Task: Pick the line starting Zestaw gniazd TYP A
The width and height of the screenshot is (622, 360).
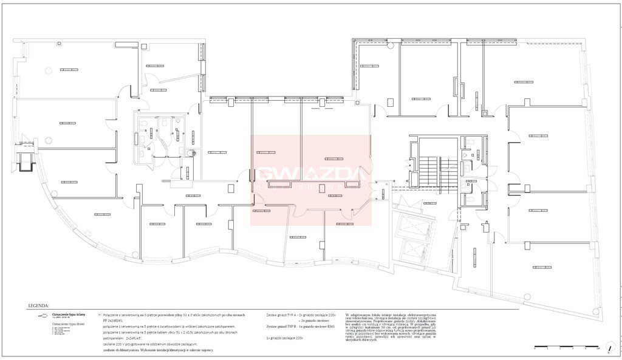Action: tap(301, 315)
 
